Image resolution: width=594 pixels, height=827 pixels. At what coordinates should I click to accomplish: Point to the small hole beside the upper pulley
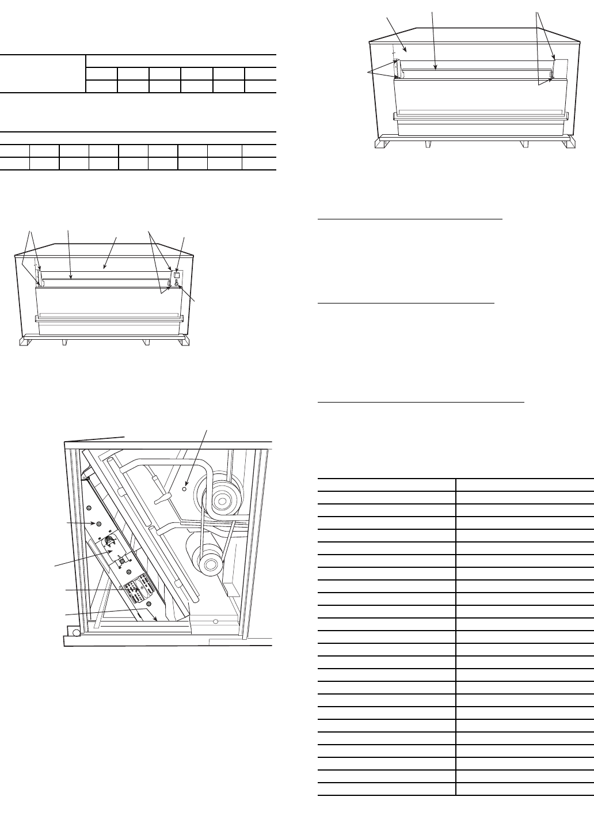click(x=184, y=488)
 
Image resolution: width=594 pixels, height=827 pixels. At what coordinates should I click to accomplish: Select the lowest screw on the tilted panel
click(x=148, y=604)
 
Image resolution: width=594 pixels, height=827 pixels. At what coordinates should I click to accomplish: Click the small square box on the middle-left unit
click(x=177, y=275)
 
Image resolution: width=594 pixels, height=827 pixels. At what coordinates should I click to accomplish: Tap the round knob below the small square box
click(x=177, y=283)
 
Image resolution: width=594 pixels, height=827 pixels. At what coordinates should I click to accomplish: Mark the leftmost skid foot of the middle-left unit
click(x=24, y=342)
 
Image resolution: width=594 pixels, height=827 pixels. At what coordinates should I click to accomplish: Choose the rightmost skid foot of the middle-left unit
click(x=184, y=342)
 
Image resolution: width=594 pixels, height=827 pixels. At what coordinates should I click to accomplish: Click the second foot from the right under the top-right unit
click(x=524, y=144)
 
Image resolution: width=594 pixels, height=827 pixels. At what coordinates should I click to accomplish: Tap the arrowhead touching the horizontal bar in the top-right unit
click(x=436, y=69)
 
